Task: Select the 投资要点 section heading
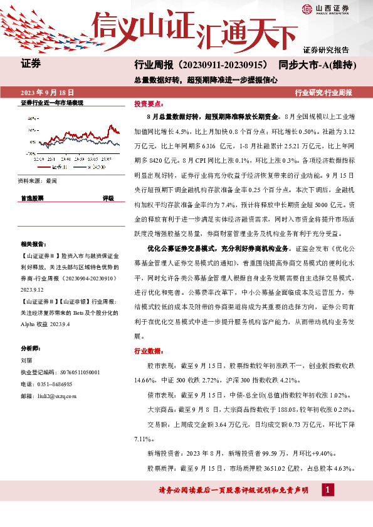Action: tap(149, 105)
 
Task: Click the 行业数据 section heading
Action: tap(149, 350)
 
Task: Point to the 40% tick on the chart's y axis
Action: tap(30, 117)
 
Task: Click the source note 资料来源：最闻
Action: tap(38, 181)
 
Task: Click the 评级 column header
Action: tap(108, 198)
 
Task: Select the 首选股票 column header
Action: tap(32, 198)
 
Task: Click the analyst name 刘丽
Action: tap(26, 361)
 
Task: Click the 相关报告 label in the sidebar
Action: tap(31, 243)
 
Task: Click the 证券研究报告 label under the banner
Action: tap(326, 49)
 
